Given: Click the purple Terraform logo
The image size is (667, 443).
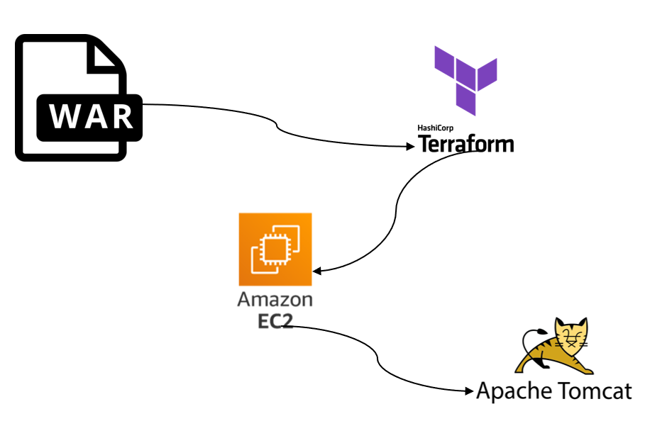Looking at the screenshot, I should (x=465, y=79).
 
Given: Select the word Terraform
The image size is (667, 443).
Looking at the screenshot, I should (x=465, y=144).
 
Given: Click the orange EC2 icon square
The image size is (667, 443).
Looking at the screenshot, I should (x=275, y=249).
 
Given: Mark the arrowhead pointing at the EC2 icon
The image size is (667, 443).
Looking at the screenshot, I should (x=318, y=271).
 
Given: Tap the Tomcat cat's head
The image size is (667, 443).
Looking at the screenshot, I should (x=573, y=333).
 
